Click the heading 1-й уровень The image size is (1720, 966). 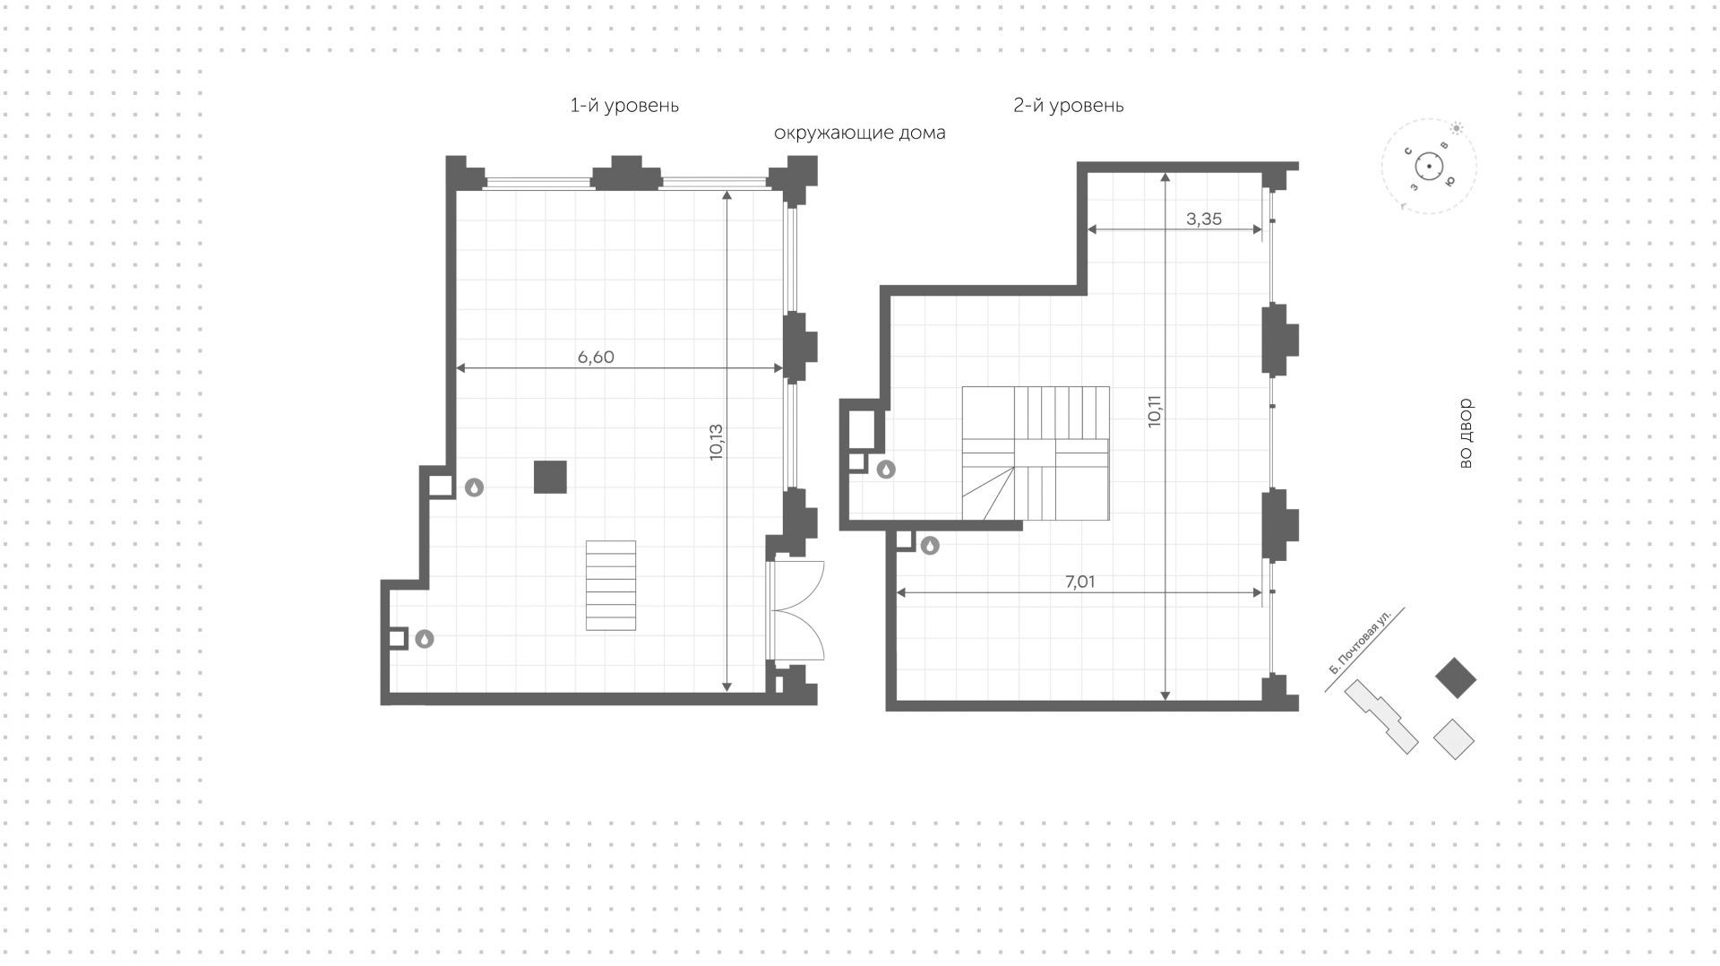pos(624,106)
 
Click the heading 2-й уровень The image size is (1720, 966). pos(1068,106)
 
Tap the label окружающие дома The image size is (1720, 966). pos(859,134)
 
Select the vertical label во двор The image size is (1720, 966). pos(1466,434)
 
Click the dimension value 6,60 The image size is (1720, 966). pos(596,357)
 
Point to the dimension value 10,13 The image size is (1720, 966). pos(715,442)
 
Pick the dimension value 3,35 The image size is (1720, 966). pos(1203,219)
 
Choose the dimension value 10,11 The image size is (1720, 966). pos(1154,410)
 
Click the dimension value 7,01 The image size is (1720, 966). pos(1079,582)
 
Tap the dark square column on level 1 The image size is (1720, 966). pos(550,477)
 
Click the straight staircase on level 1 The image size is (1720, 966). pos(611,585)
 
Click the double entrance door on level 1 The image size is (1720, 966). pos(795,611)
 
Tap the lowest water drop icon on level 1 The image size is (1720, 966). pos(425,639)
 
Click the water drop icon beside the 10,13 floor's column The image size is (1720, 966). pos(474,487)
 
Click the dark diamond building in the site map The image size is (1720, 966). pos(1455,678)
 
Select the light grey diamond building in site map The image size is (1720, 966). pos(1454,739)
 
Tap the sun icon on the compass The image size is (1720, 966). pos(1457,128)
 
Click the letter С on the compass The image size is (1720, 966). pos(1409,151)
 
